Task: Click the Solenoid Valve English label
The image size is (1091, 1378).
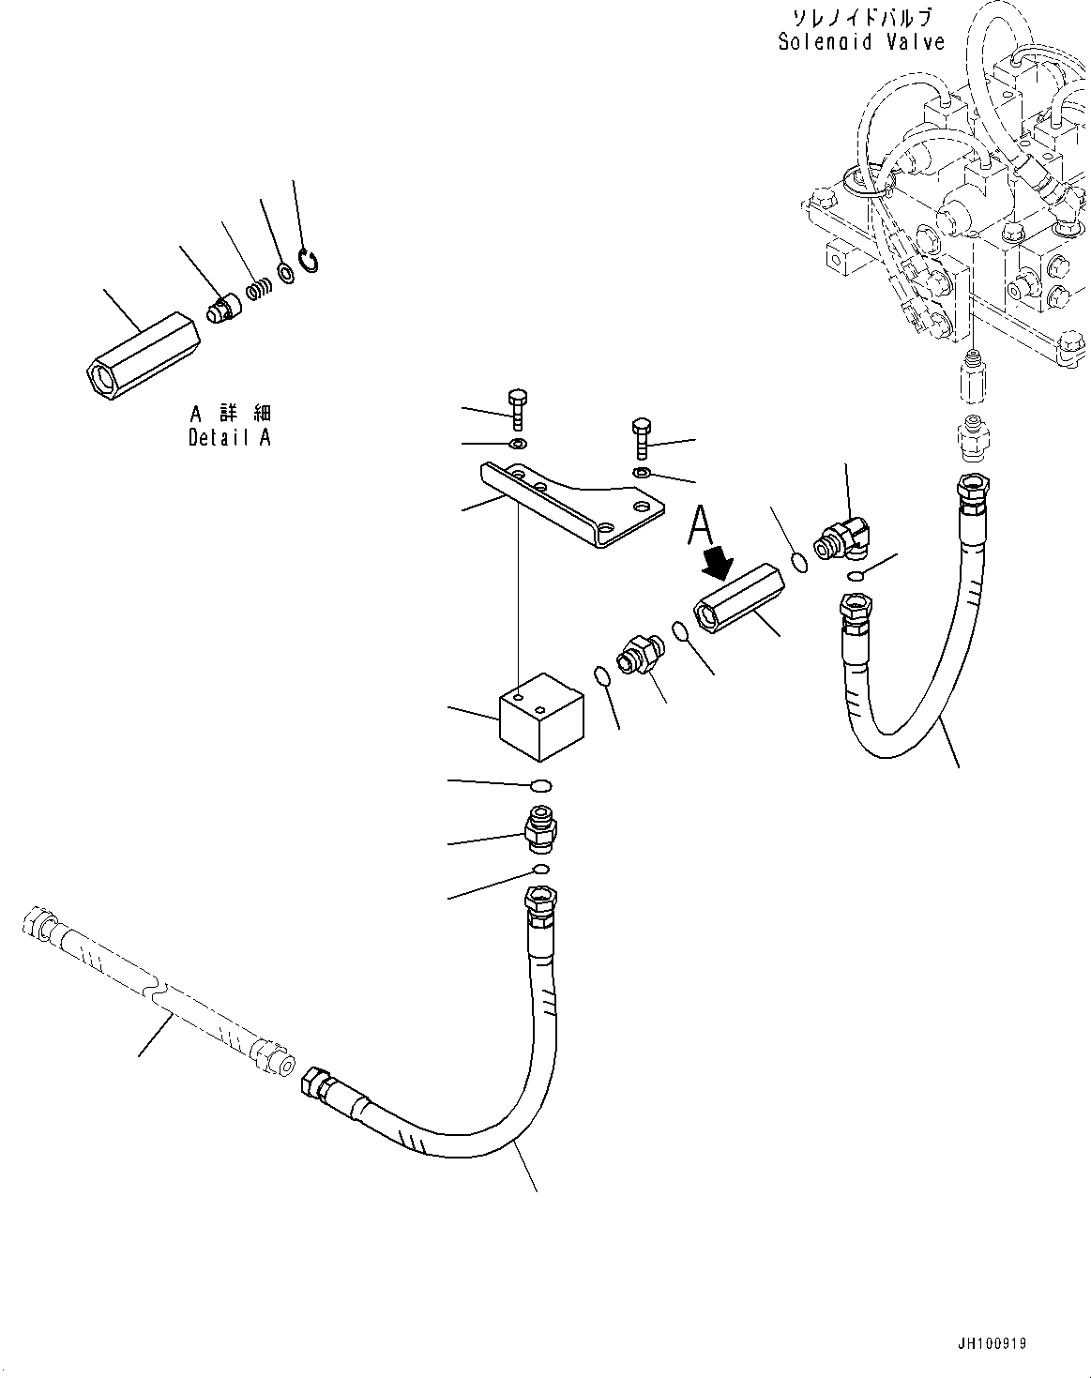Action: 860,41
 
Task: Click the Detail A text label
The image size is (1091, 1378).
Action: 230,437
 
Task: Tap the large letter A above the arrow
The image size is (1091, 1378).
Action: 701,525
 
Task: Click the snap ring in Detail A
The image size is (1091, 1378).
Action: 309,260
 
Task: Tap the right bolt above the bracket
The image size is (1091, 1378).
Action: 642,437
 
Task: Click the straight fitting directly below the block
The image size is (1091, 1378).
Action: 542,825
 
